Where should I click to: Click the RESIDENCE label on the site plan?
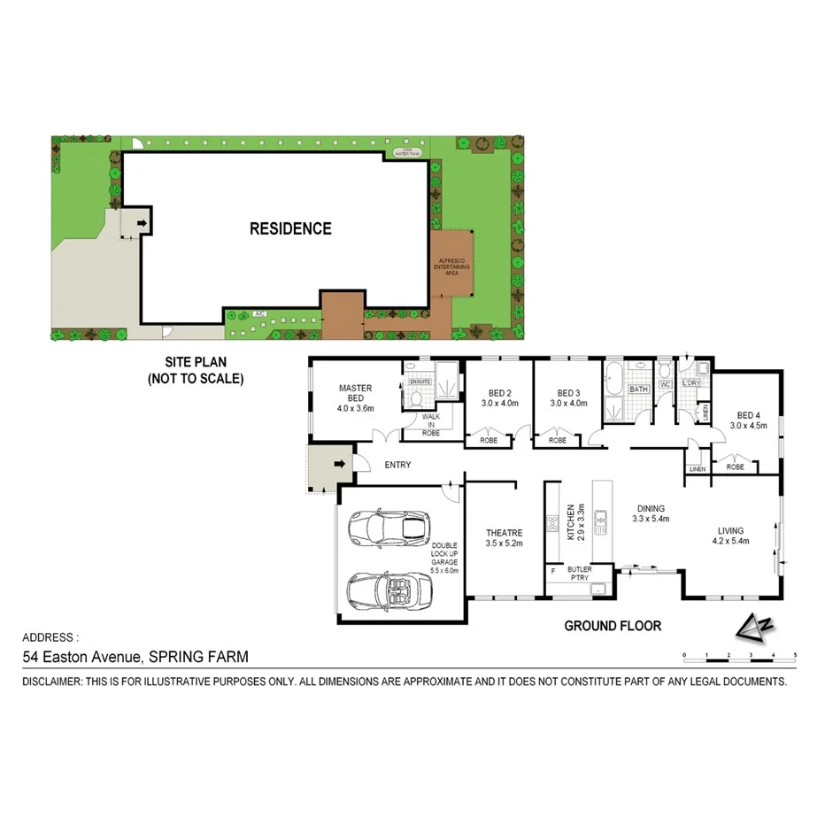coord(290,228)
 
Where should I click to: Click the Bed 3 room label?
coord(568,398)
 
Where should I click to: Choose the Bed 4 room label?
coord(748,420)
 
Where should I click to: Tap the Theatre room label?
coord(504,537)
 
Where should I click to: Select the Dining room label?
coord(651,513)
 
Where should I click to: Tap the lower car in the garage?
coord(387,589)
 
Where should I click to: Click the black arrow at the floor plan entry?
coord(339,463)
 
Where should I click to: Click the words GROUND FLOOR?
coord(613,626)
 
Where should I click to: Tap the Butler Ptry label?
coord(580,574)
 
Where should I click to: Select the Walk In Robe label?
coord(431,424)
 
